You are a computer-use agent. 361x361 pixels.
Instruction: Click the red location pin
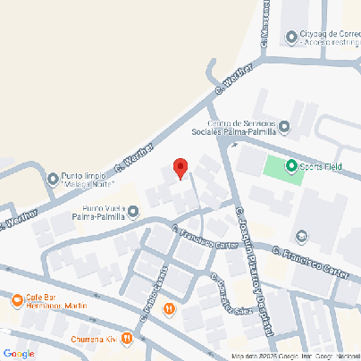pyautogui.click(x=180, y=168)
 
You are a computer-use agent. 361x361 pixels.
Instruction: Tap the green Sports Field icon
pyautogui.click(x=290, y=165)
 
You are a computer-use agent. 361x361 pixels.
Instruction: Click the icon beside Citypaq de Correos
pyautogui.click(x=291, y=37)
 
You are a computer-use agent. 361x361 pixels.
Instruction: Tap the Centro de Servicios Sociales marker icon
pyautogui.click(x=284, y=126)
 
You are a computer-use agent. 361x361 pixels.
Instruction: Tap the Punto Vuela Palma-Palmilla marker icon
pyautogui.click(x=133, y=212)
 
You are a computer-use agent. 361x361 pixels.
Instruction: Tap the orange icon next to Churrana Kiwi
pyautogui.click(x=127, y=340)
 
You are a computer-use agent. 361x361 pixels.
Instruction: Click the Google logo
pyautogui.click(x=18, y=354)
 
